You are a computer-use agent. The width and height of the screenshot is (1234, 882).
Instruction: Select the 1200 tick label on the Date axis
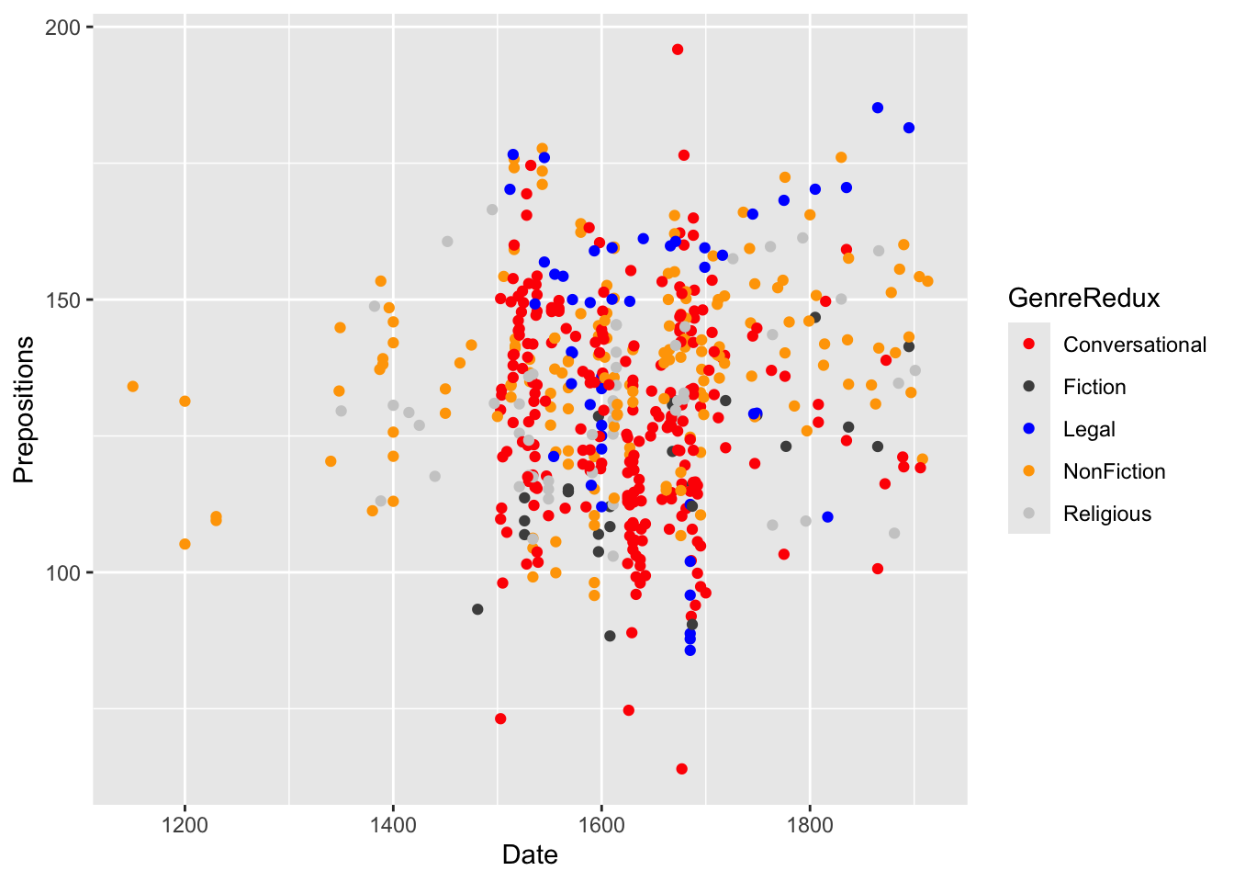pos(185,824)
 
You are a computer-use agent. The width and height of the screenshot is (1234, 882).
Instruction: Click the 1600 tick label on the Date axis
pos(601,824)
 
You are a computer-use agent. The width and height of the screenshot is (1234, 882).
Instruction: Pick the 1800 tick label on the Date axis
pos(810,824)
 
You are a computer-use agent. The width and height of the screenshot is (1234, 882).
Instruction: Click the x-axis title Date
pos(530,855)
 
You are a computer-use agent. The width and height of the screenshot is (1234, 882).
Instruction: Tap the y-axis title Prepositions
pos(24,410)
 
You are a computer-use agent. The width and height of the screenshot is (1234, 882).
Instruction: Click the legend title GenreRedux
pos(1083,298)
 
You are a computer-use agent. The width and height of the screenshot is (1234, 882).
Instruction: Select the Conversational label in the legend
pos(1135,345)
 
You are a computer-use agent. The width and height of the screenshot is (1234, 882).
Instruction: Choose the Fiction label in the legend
pos(1094,387)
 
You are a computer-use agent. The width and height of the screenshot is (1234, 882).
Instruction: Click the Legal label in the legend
pos(1089,429)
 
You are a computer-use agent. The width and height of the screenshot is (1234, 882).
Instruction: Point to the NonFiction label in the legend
pos(1114,471)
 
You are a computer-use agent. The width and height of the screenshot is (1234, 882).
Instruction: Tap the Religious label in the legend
pos(1106,514)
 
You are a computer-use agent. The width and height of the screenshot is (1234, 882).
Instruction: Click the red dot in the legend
pos(1029,345)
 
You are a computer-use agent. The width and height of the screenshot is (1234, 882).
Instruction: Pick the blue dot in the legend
pos(1029,429)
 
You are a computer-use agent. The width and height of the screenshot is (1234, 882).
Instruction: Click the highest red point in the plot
pos(678,50)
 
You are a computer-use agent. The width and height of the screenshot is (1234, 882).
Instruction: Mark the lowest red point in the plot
pos(681,769)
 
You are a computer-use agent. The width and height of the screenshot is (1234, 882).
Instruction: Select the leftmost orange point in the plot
pos(133,387)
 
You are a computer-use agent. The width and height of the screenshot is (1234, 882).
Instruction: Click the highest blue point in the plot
pos(878,107)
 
